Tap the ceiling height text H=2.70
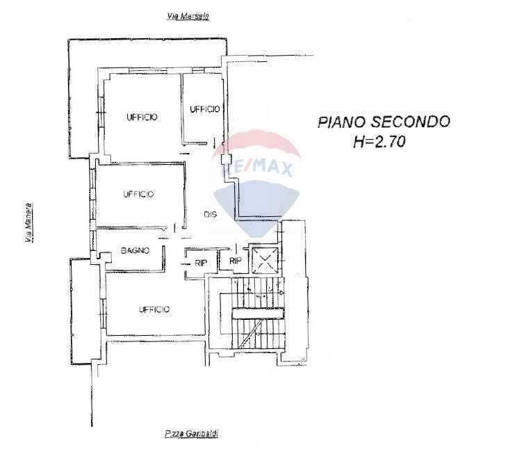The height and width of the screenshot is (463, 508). pyautogui.click(x=379, y=143)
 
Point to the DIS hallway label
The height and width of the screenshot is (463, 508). pyautogui.click(x=210, y=215)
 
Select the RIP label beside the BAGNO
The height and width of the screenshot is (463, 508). pyautogui.click(x=201, y=262)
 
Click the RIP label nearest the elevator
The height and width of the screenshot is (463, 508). pyautogui.click(x=235, y=261)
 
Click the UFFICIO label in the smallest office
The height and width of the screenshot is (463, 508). pyautogui.click(x=204, y=109)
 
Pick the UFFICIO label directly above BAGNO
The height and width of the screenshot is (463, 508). pyautogui.click(x=138, y=194)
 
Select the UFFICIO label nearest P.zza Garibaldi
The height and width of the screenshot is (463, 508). pyautogui.click(x=154, y=309)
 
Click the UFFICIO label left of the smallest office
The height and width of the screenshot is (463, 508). pyautogui.click(x=142, y=117)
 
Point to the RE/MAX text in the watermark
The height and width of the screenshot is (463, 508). pyautogui.click(x=257, y=168)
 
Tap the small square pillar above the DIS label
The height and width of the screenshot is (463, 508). pyautogui.click(x=225, y=159)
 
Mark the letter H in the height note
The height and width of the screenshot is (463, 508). pyautogui.click(x=359, y=143)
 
